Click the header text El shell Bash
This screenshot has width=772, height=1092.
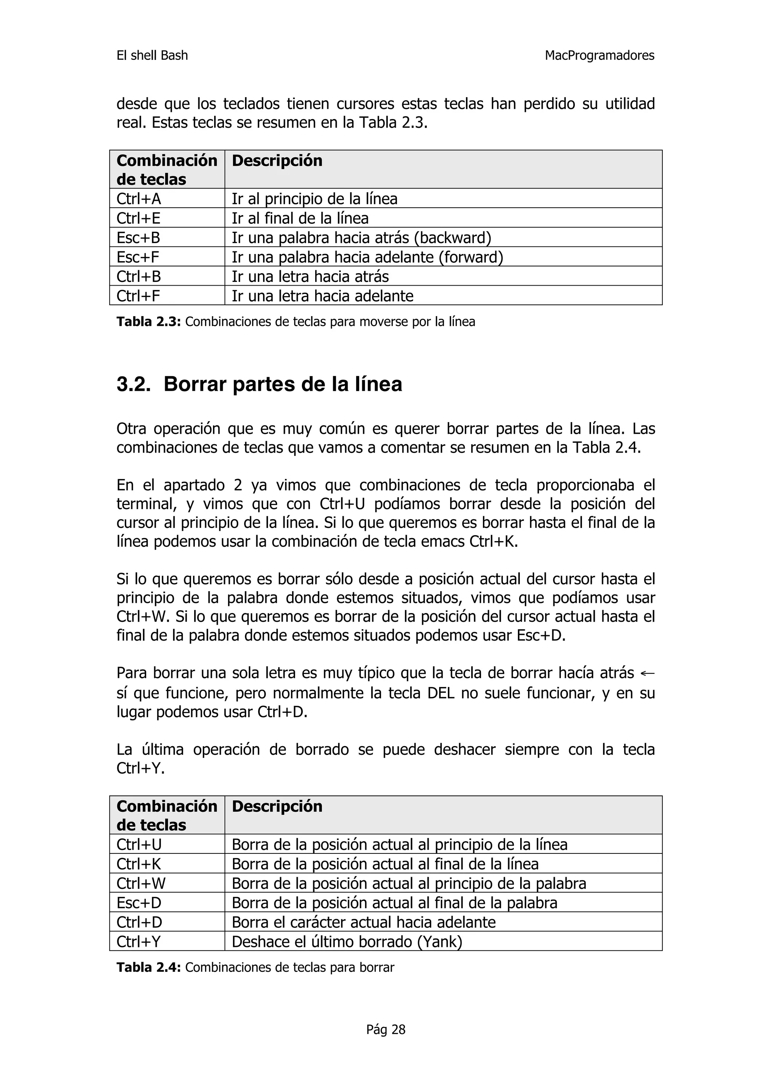tap(152, 56)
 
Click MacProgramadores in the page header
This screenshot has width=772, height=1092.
tap(599, 56)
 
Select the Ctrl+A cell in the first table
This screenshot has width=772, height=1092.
tap(138, 199)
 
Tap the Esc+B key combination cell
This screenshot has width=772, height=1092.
tap(138, 237)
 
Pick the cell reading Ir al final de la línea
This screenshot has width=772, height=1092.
tap(300, 218)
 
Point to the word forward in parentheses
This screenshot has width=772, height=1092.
tap(470, 257)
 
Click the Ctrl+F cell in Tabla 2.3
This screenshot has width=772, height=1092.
tap(138, 296)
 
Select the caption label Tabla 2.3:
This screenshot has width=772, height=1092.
tap(149, 322)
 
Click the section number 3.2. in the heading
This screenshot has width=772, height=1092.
tap(133, 384)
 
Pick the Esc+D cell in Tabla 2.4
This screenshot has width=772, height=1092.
tap(139, 903)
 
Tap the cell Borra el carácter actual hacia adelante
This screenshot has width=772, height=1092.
tap(363, 922)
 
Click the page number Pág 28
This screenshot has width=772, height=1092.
tap(385, 1030)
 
